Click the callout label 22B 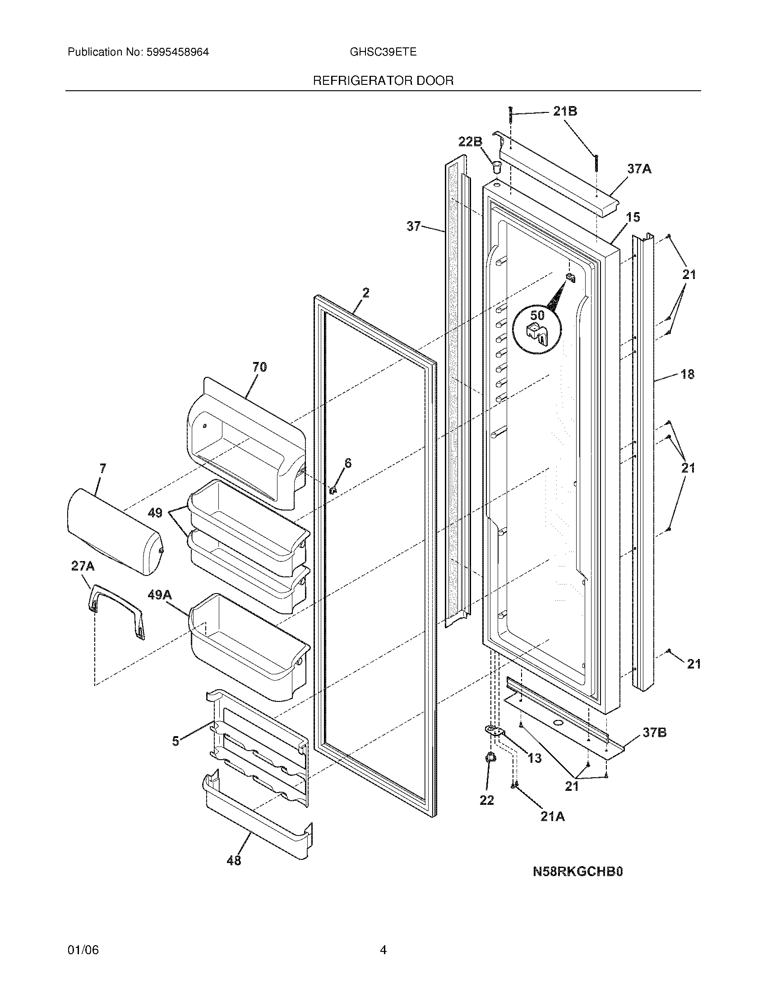tap(470, 142)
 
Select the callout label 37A tap(639, 169)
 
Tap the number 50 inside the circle tap(537, 315)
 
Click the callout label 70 tap(259, 367)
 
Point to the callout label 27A tap(83, 566)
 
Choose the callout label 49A tap(159, 595)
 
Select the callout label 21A tap(553, 817)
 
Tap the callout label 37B tap(655, 733)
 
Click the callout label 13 tap(535, 758)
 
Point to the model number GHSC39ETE tap(383, 52)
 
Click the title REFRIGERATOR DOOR tap(383, 81)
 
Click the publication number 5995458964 tap(177, 52)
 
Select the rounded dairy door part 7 tap(114, 532)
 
